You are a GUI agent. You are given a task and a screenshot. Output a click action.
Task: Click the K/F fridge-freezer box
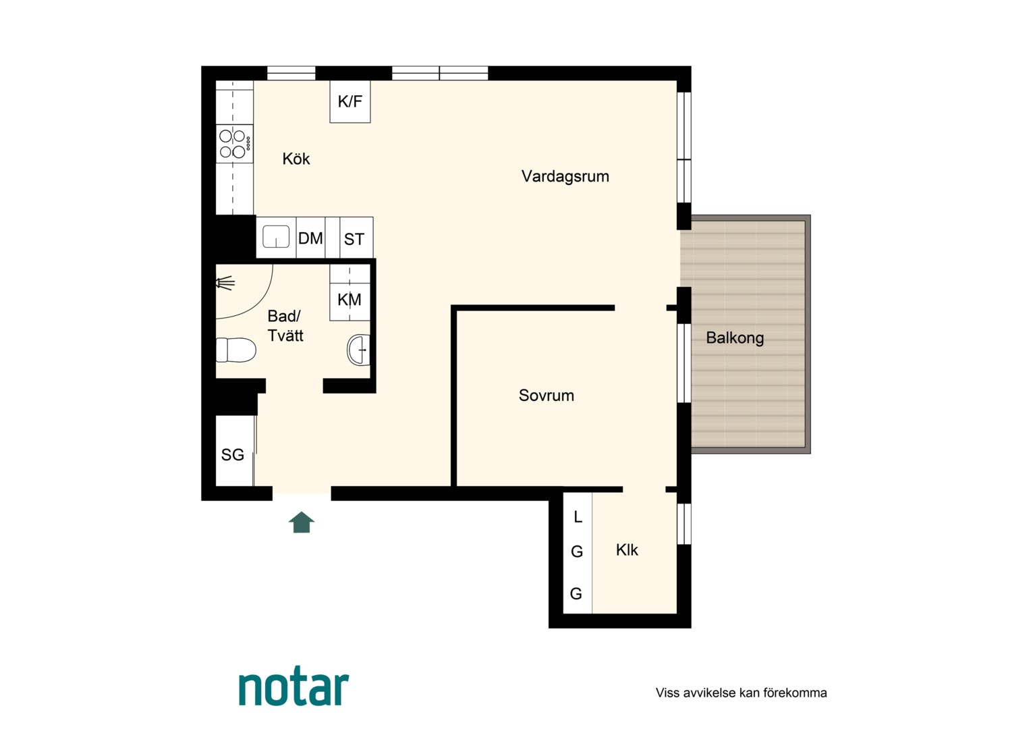(350, 101)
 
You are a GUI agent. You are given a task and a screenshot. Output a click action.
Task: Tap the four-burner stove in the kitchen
(235, 144)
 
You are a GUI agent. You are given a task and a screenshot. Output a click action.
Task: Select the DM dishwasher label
(310, 238)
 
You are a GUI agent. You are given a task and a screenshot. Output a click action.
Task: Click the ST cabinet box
(356, 238)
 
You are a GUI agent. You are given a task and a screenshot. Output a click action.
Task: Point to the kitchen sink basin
(276, 237)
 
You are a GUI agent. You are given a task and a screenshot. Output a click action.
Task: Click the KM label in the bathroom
(350, 300)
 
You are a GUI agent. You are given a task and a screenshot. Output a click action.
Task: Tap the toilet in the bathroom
(235, 350)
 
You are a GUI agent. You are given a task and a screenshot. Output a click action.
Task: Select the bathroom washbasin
(358, 350)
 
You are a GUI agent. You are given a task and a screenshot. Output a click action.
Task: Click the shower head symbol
(225, 283)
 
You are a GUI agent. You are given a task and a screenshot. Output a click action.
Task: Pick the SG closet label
(232, 455)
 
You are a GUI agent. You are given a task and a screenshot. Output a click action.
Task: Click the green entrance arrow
(302, 522)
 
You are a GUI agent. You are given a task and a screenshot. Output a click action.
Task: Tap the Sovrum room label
(547, 396)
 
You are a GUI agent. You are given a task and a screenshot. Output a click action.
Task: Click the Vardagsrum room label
(565, 176)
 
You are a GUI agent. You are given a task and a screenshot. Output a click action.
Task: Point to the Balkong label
(735, 338)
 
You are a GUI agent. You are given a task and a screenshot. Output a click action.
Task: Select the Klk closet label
(627, 550)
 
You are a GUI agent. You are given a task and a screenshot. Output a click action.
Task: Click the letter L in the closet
(578, 517)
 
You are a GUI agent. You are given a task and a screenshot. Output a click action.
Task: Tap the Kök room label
(296, 159)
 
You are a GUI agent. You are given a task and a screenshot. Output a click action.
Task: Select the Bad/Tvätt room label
(285, 326)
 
